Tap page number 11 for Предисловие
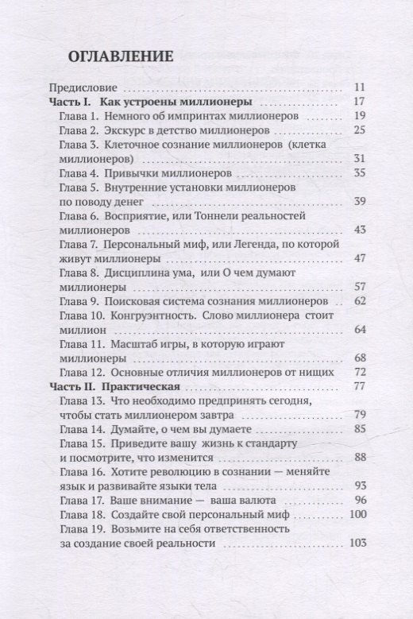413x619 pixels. (x=357, y=87)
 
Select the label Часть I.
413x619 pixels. (x=71, y=102)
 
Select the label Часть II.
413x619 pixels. (x=73, y=387)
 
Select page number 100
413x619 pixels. (x=355, y=516)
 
